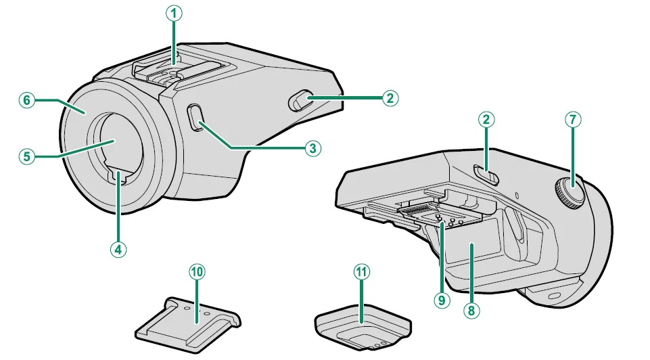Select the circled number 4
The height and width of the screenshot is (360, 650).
[x=118, y=248]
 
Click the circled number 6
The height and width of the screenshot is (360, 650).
[x=26, y=100]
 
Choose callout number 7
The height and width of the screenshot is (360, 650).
[x=573, y=120]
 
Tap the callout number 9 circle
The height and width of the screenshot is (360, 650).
[x=442, y=299]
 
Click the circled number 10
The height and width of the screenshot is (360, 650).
[x=196, y=272]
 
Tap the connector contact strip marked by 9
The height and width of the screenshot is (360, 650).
[x=423, y=212]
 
